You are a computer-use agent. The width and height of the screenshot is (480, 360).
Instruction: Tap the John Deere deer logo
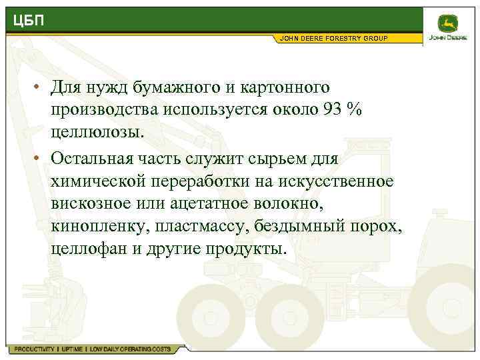(x=451, y=25)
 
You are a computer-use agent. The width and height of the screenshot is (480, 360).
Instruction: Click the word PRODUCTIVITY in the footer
(x=33, y=349)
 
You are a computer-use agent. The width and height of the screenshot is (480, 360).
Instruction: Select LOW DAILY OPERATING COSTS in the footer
(x=130, y=349)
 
